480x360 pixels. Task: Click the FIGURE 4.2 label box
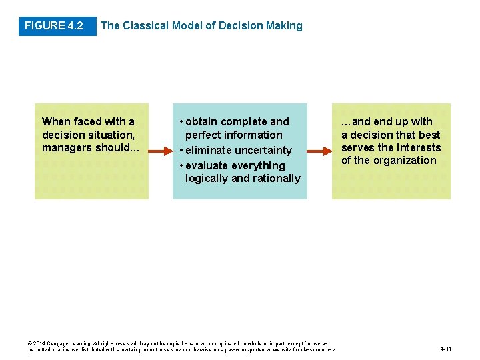pos(54,26)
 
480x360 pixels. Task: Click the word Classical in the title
pos(146,26)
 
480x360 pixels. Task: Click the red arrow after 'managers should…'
pos(160,152)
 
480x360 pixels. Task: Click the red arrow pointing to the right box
pos(319,152)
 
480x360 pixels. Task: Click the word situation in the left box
pos(105,135)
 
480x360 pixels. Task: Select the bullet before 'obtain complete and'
pos(181,122)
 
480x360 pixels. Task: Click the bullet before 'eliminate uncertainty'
pos(181,151)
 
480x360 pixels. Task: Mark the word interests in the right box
pos(419,147)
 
